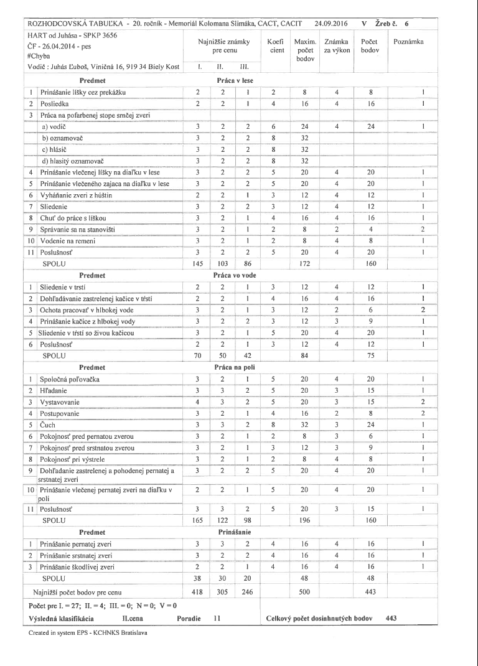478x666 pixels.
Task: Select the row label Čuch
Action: click(x=47, y=424)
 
